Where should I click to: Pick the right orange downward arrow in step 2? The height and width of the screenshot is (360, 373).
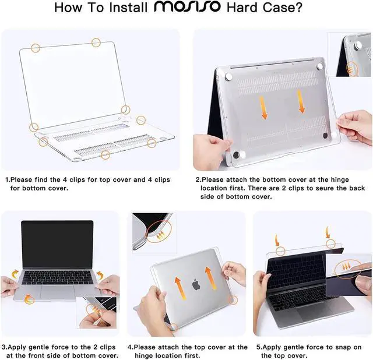click(x=301, y=101)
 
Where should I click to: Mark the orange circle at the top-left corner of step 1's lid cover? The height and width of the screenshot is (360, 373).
click(x=36, y=48)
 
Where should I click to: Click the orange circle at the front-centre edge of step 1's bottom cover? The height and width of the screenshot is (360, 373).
click(x=105, y=155)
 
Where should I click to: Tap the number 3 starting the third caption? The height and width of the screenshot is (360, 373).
click(x=3, y=347)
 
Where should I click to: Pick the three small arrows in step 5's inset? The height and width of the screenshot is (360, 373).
click(x=346, y=267)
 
